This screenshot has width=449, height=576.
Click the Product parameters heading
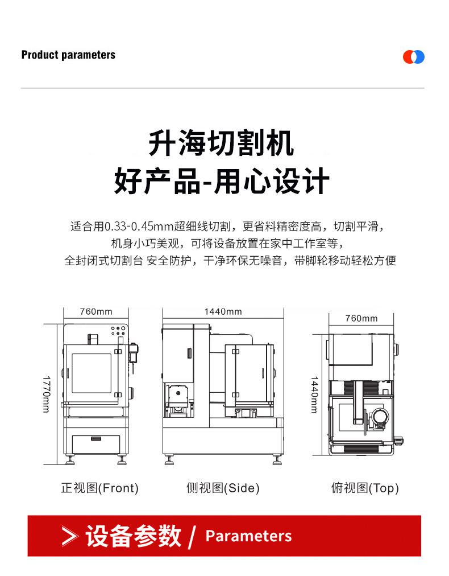pos(68,55)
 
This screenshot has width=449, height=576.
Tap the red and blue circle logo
pos(413,57)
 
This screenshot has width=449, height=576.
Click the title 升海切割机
pos(221,143)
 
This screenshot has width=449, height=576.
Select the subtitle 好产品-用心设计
pos(222,181)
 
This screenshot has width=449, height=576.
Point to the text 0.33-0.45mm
pos(139,227)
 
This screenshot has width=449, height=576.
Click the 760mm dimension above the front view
pos(96,311)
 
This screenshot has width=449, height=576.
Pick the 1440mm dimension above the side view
pos(223,311)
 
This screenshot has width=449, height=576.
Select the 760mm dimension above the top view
pos(361,319)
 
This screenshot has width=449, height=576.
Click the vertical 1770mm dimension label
pos(47,394)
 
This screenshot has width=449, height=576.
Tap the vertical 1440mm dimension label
pos(315,394)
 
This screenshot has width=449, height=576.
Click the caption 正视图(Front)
pos(100,488)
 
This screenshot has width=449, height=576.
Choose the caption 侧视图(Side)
pos(223,488)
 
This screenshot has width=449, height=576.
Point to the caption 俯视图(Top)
pos(365,488)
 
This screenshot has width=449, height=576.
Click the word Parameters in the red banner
pos(249,536)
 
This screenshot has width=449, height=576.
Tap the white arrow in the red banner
pos(70,536)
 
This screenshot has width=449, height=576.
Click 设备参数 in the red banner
pos(134,536)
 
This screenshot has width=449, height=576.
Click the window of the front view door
pos(92,373)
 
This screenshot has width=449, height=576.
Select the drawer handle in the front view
pos(95,438)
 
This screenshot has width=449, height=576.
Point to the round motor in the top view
pos(379,417)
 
